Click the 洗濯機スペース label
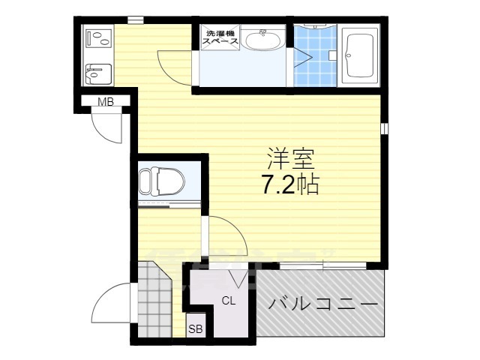[220, 37]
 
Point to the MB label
[104, 103]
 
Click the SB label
[195, 328]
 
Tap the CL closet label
[227, 301]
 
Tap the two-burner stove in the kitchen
[97, 37]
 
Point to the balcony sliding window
[322, 265]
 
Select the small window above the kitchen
[135, 19]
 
